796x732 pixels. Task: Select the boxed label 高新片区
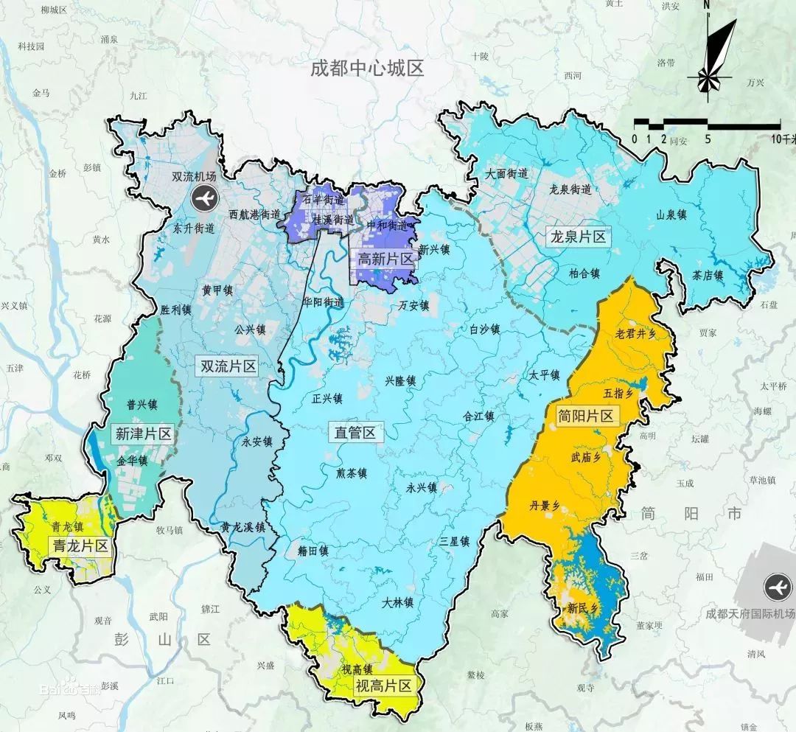[383, 259]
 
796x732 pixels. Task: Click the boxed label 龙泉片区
[578, 237]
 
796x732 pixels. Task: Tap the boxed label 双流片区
[228, 366]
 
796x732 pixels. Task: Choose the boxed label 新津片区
[144, 433]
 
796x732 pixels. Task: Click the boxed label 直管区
[355, 432]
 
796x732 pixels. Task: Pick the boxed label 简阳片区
[586, 416]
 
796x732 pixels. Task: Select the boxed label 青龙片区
[80, 546]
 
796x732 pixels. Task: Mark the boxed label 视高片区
[383, 686]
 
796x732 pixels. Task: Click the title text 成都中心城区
[367, 69]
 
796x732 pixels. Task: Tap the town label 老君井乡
[635, 333]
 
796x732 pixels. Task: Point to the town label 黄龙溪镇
[242, 528]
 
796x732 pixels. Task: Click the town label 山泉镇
[671, 215]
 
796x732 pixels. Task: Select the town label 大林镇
[397, 602]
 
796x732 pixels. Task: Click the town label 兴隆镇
[400, 381]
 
